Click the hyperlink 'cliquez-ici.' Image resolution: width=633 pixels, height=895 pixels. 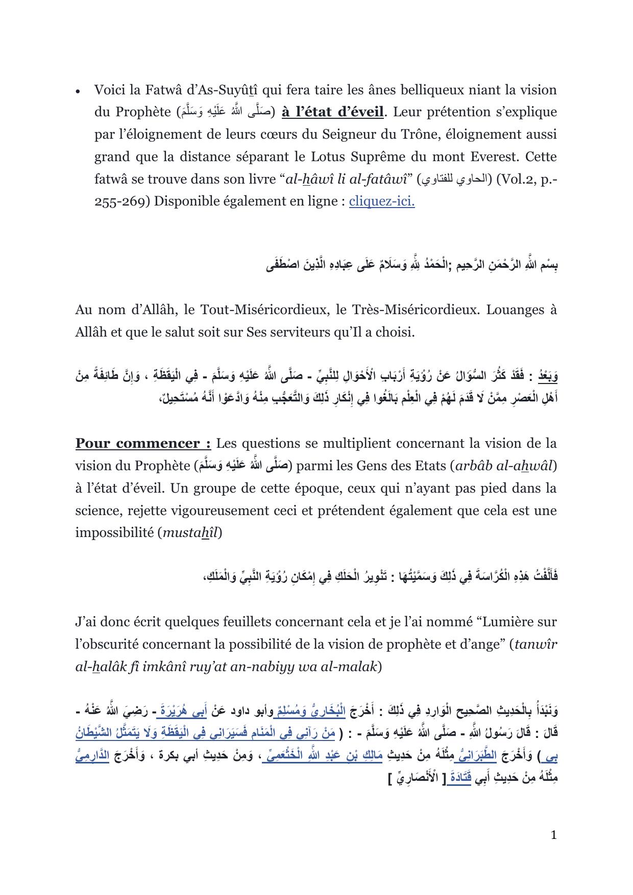(x=381, y=201)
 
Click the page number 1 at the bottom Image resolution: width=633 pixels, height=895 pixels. (x=554, y=835)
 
